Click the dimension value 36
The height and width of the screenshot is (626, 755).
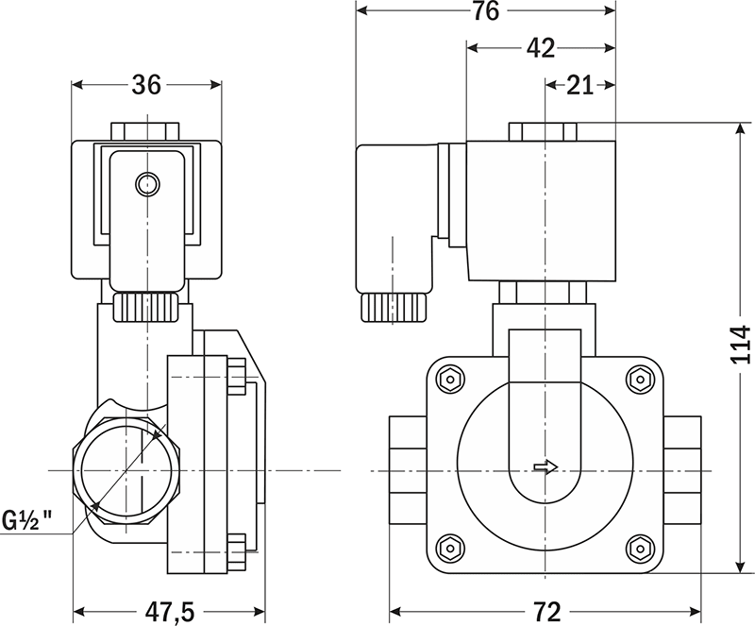click(146, 85)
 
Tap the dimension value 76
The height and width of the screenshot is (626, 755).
click(485, 12)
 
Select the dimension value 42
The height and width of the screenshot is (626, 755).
click(540, 48)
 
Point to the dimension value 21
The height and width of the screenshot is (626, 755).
click(579, 85)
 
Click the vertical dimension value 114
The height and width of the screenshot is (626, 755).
click(741, 346)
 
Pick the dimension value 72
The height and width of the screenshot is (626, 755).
click(545, 611)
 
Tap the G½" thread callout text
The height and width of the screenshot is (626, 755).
click(34, 519)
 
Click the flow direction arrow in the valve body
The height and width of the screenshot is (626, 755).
click(545, 467)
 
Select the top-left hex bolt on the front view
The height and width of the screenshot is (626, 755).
click(449, 380)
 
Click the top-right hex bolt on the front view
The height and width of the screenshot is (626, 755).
click(641, 380)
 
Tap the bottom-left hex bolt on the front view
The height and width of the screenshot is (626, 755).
click(449, 547)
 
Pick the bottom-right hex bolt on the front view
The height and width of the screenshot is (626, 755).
click(641, 547)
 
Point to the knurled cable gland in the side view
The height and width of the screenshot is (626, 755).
click(146, 306)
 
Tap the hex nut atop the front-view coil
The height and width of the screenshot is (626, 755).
click(545, 131)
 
